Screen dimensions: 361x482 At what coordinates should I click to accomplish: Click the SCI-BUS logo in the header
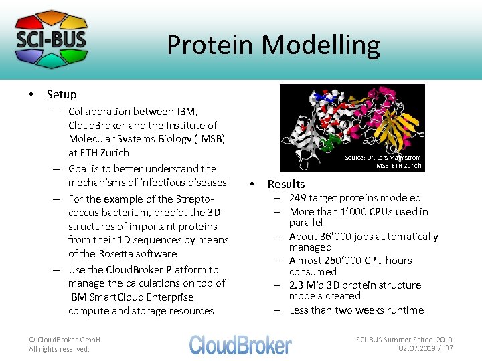tap(51, 39)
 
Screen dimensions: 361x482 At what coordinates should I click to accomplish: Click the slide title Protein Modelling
tap(273, 45)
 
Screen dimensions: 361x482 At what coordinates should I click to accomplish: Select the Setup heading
tap(62, 94)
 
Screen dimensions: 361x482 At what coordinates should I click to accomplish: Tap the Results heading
tap(286, 184)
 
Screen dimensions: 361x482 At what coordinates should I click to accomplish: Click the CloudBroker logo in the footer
tap(240, 344)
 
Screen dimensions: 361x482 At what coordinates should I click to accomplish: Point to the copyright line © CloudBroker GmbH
tap(64, 340)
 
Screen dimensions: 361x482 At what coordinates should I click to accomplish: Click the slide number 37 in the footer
tap(449, 348)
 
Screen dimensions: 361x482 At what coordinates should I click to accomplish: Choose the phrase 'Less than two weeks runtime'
tap(356, 310)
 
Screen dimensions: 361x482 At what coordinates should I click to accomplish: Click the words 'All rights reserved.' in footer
tap(59, 349)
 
